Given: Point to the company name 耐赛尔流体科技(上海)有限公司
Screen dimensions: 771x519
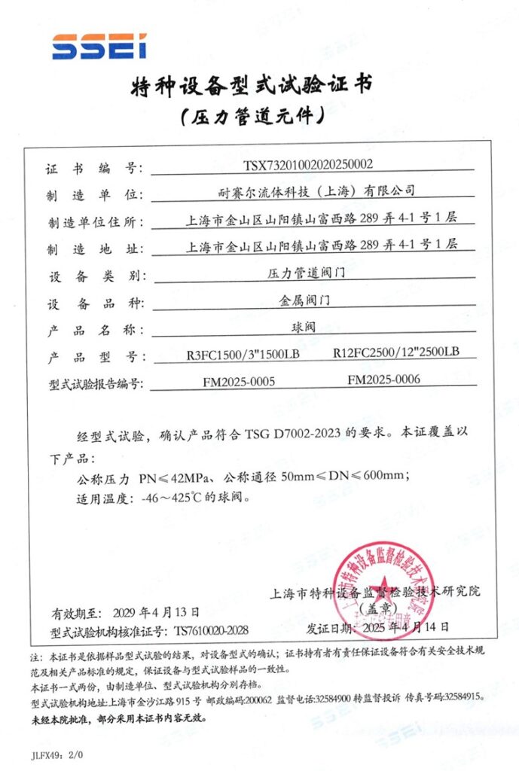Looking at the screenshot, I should tap(311, 192).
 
